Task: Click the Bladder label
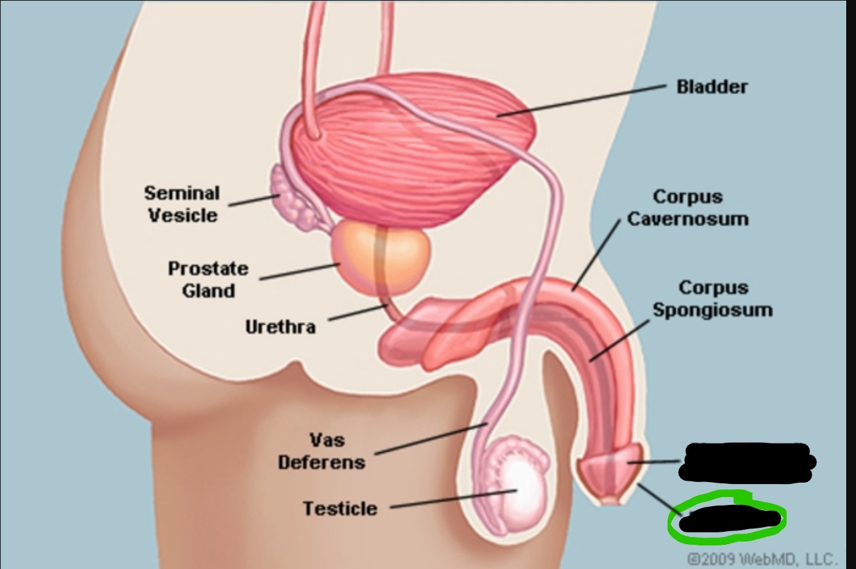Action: pos(712,87)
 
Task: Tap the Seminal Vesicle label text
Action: pos(182,203)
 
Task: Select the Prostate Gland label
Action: pos(208,279)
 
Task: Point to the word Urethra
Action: pos(280,326)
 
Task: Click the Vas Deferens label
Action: pos(321,451)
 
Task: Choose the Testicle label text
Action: pos(340,508)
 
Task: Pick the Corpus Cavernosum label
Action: pos(687,207)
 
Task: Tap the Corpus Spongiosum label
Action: pos(712,298)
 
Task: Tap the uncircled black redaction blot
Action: pos(746,460)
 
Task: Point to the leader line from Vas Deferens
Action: pos(429,439)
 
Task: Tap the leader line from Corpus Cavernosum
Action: pos(596,255)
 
